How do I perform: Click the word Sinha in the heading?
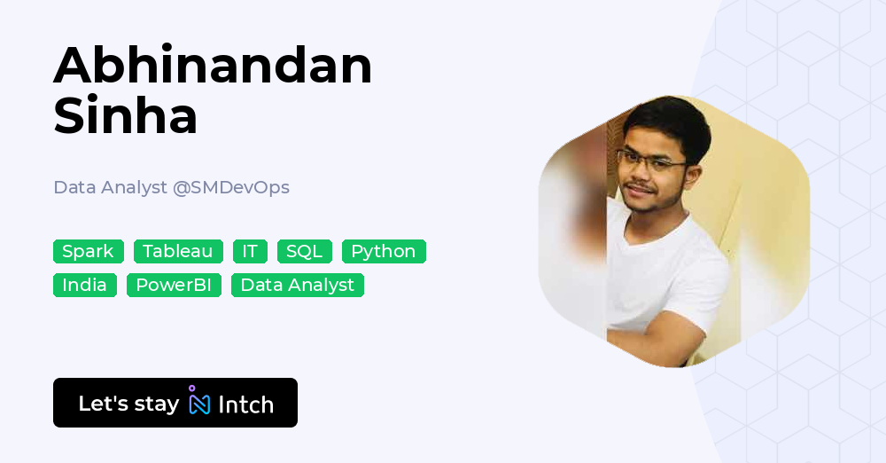click(x=125, y=116)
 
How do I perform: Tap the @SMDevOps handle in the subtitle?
click(x=231, y=187)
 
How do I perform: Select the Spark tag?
click(x=88, y=251)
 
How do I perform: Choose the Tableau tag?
click(x=178, y=251)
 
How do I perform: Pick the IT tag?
click(x=250, y=251)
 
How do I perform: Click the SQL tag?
click(x=304, y=251)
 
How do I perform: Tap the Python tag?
click(x=384, y=251)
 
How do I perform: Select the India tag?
click(x=84, y=285)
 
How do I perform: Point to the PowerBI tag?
click(x=174, y=285)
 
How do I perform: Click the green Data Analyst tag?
click(x=297, y=285)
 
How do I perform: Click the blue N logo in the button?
click(x=199, y=404)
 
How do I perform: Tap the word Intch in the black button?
click(x=245, y=404)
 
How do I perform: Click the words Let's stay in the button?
click(x=128, y=404)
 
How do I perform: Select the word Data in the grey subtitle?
click(x=73, y=187)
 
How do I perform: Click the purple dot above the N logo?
click(x=191, y=388)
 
